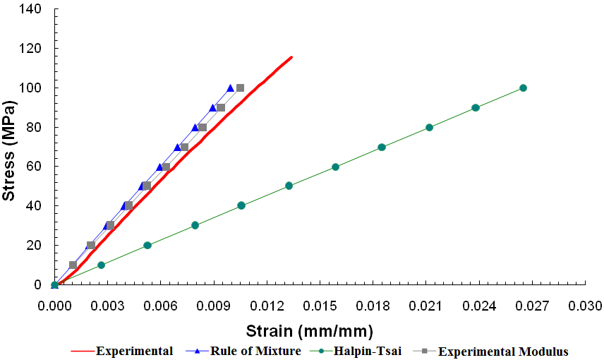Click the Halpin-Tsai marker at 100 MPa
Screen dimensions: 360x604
[x=523, y=88]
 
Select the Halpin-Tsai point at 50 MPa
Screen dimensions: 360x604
[x=289, y=186]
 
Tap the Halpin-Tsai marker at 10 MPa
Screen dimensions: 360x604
[x=101, y=265]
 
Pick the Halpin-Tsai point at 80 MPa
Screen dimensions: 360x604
[x=429, y=128]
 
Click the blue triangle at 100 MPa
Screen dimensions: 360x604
[x=231, y=88]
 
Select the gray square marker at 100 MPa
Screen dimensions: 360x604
[x=240, y=88]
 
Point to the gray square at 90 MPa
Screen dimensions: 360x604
[x=221, y=108]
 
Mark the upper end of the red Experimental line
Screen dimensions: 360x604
[x=291, y=57]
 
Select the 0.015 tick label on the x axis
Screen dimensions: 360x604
[x=320, y=306]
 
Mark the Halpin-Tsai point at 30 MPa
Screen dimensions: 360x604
[x=195, y=226]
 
